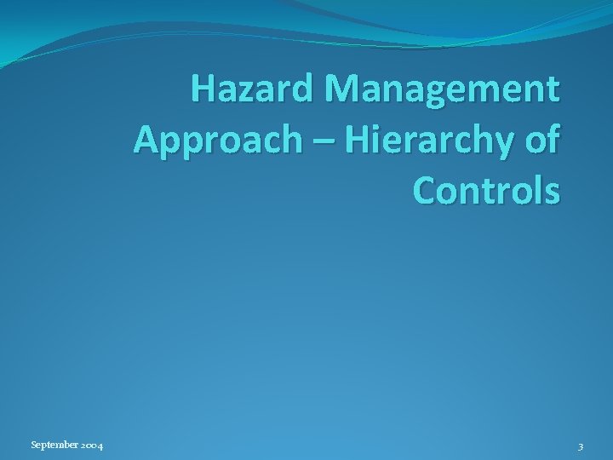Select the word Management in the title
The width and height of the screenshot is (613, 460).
pyautogui.click(x=441, y=89)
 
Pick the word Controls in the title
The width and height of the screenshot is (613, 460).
pyautogui.click(x=488, y=190)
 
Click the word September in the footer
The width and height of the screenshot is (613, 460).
pyautogui.click(x=54, y=446)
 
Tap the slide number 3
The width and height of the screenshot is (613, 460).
pyautogui.click(x=580, y=446)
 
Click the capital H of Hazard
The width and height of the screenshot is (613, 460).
pyautogui.click(x=204, y=89)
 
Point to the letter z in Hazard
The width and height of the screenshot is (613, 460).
pyautogui.click(x=246, y=90)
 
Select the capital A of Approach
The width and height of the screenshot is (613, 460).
pyautogui.click(x=146, y=139)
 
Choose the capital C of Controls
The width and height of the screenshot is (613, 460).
pyautogui.click(x=427, y=190)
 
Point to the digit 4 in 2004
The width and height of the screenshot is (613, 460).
pyautogui.click(x=101, y=446)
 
